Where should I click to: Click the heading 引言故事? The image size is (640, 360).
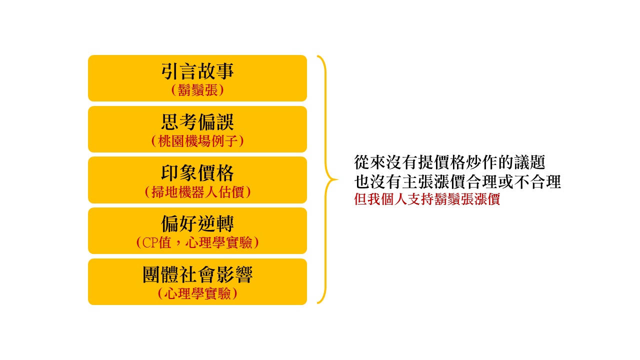[197, 71]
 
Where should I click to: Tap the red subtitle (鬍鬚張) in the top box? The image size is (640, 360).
[197, 90]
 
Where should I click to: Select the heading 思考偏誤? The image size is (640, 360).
[197, 122]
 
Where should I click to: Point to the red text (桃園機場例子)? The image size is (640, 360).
[197, 141]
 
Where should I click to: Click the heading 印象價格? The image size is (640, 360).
[197, 173]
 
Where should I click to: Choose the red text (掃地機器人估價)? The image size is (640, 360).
[197, 192]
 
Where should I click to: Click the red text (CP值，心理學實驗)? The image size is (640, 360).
[197, 243]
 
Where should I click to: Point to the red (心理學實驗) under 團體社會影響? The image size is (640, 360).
[197, 294]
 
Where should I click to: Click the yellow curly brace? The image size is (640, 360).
[325, 179]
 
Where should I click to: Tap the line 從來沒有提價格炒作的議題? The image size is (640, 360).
[449, 162]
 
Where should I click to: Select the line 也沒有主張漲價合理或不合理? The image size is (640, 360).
[457, 182]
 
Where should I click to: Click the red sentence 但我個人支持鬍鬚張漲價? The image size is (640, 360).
[427, 199]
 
